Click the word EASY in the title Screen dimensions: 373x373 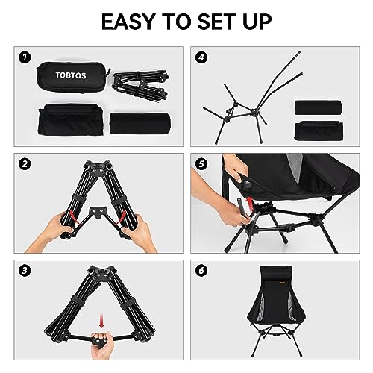[129, 22]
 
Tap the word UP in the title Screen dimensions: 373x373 [257, 22]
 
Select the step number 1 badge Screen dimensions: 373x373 [25, 57]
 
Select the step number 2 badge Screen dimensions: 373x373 [25, 164]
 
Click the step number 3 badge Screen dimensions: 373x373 [25, 271]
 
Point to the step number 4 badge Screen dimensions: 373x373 [201, 57]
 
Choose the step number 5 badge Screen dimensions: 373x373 [201, 164]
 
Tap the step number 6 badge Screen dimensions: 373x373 [201, 271]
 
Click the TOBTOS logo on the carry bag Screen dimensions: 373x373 [71, 75]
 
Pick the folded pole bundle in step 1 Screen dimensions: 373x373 [140, 86]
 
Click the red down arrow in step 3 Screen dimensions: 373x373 [101, 321]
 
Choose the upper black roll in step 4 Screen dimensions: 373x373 [318, 107]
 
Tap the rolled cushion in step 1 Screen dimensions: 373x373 [140, 124]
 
